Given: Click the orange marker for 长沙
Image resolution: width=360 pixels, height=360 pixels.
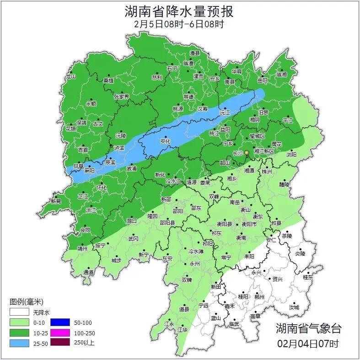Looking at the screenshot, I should coord(246,152).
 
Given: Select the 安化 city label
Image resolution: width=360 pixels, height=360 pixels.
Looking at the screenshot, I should coord(165,141).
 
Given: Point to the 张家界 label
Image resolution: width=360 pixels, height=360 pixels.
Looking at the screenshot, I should coord(121,97).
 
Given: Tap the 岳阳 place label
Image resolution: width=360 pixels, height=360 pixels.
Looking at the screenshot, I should coord(262,80).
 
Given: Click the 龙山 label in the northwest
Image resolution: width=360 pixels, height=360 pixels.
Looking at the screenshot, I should coord(70,77).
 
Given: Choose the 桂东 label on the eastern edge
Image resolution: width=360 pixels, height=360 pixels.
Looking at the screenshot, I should coord(308,277).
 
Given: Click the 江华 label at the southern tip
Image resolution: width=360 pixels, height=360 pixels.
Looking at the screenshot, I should coord(183,329).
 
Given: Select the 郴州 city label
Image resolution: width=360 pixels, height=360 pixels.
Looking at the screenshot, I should coord(259,297).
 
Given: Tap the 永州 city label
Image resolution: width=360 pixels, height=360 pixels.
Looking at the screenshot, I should coord(195,264).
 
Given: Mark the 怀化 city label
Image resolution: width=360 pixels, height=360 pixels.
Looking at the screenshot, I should coord(101,188).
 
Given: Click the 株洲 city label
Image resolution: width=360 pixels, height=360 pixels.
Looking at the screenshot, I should coord(266,172).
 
